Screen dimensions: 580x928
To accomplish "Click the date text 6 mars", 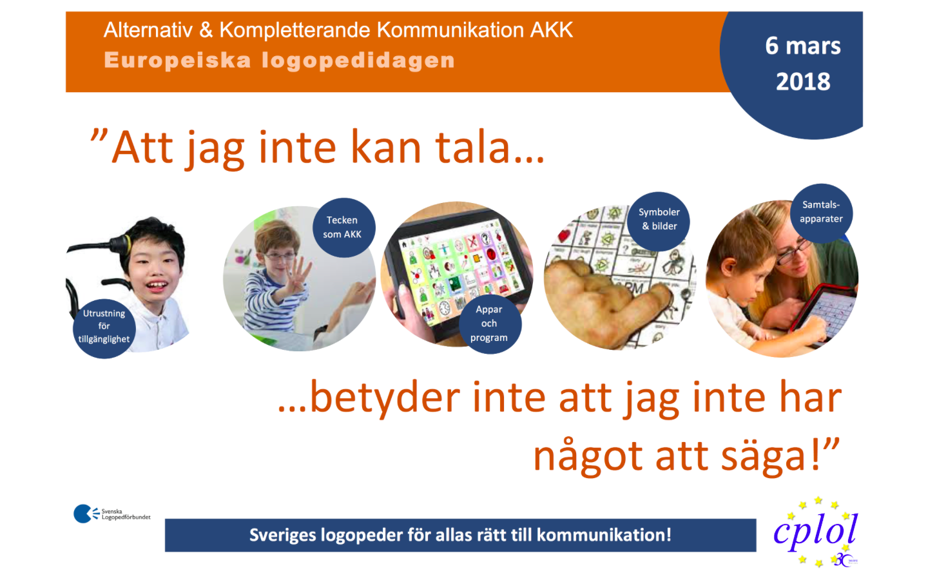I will tap(802, 46).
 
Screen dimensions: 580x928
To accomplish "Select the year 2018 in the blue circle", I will tap(802, 82).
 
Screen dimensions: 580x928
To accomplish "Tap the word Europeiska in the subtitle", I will tap(177, 61).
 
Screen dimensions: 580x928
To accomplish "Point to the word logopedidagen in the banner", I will tap(358, 61).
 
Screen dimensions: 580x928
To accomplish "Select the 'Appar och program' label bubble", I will tap(489, 324).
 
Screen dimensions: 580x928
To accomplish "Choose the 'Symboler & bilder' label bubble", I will tap(659, 219).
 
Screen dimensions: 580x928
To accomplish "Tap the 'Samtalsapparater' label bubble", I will tap(821, 212).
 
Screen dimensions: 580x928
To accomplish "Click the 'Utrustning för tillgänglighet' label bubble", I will tap(104, 327).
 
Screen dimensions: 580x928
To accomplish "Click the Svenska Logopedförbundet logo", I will tap(111, 514).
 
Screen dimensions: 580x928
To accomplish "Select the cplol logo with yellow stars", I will tap(816, 532).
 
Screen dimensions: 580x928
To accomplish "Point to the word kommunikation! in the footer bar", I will tap(604, 536).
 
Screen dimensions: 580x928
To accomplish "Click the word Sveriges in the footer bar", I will tap(282, 536).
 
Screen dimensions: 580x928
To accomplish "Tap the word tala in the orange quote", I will tap(474, 148).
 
